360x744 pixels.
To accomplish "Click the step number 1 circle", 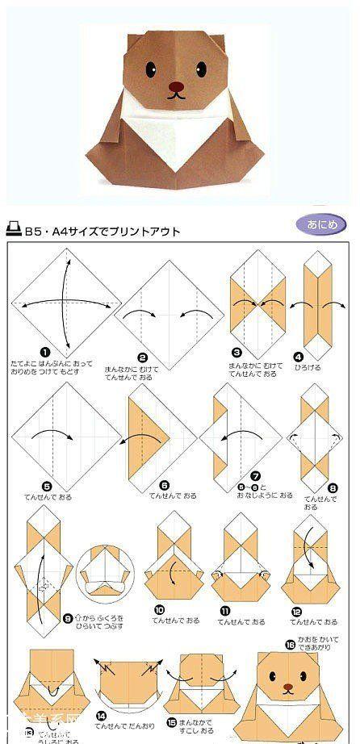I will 46,352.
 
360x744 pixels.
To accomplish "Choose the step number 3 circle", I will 237,352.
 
